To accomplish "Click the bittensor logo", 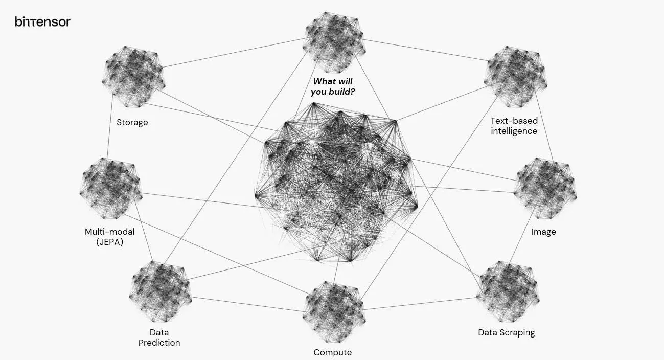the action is coord(43,21).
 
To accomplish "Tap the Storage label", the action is coord(132,122).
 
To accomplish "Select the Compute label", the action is coord(333,353).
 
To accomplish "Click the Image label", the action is coord(543,232).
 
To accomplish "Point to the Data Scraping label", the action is coord(506,333).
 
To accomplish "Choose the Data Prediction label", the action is coord(159,337).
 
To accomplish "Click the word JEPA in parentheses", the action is coord(110,242).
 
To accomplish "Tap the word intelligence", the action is coord(514,131).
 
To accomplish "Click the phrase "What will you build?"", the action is coord(333,86).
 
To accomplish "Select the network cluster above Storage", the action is coord(133,77).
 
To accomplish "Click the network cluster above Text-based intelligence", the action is coord(515,77).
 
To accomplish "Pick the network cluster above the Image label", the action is coord(545,188).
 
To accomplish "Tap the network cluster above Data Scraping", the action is coord(508,291).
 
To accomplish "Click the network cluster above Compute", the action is coord(334,312).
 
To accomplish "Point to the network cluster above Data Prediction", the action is coord(161,291).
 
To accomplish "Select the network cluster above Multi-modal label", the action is coord(111,188).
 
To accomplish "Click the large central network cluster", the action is coord(336,183).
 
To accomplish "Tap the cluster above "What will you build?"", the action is coord(334,42).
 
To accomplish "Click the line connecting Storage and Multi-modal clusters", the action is coord(110,127).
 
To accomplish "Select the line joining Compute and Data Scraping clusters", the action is coord(420,304).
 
